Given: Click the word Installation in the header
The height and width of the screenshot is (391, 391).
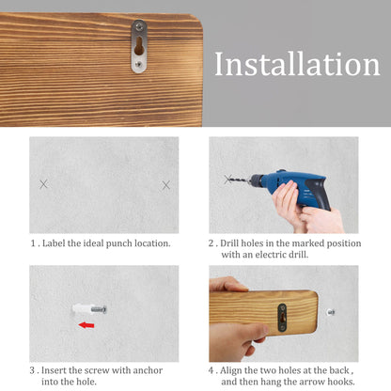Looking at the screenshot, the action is pyautogui.click(x=297, y=64).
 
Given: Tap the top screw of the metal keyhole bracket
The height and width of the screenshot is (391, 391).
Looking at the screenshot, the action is pyautogui.click(x=139, y=27).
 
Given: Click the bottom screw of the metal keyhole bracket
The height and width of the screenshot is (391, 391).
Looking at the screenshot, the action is pyautogui.click(x=139, y=65).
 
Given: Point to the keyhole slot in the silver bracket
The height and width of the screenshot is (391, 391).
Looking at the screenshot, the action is pyautogui.click(x=139, y=46).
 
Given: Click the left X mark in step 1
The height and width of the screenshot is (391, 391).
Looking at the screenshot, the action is pyautogui.click(x=44, y=184).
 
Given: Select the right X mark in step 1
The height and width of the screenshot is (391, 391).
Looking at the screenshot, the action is pyautogui.click(x=166, y=185).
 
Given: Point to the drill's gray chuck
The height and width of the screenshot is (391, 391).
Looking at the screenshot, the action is pyautogui.click(x=256, y=180).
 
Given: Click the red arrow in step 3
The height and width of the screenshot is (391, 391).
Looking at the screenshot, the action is pyautogui.click(x=86, y=325).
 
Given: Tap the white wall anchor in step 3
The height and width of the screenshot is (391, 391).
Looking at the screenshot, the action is pyautogui.click(x=82, y=309).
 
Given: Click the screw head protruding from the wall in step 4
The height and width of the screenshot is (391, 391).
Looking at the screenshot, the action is pyautogui.click(x=331, y=312).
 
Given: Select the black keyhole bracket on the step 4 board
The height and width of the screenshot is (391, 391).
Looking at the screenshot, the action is pyautogui.click(x=282, y=318).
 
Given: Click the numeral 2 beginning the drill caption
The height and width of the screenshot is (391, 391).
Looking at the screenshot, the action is pyautogui.click(x=211, y=243).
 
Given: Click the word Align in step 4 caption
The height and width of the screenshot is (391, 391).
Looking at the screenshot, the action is pyautogui.click(x=230, y=370).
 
